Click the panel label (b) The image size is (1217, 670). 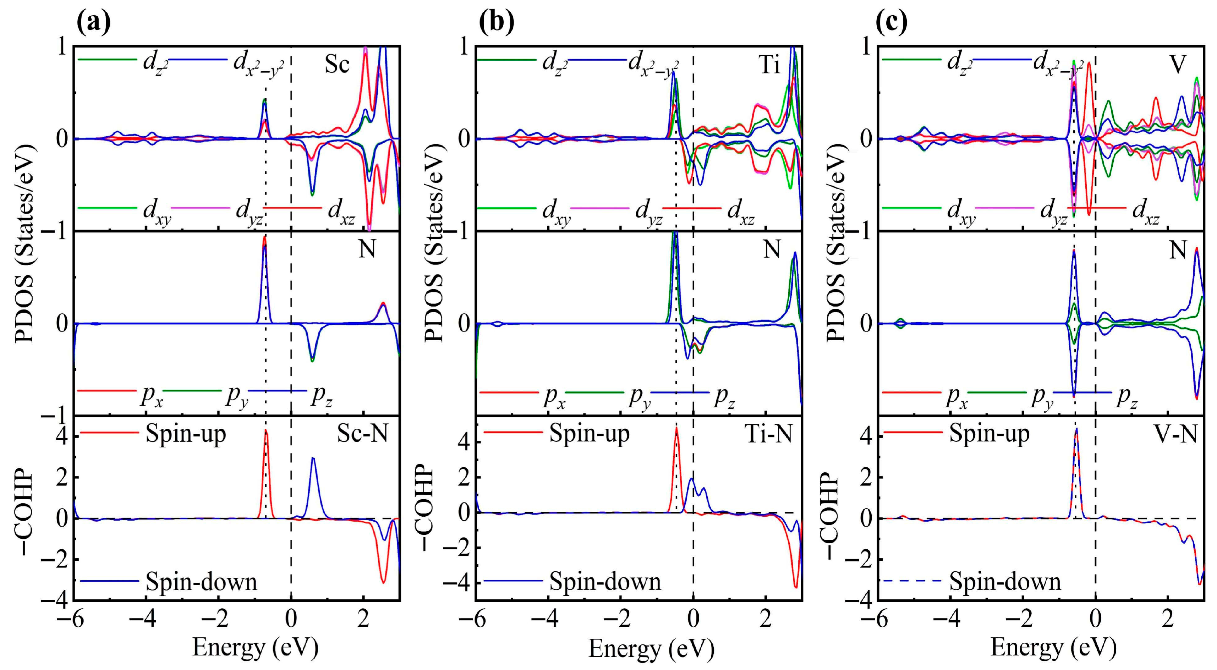(496, 22)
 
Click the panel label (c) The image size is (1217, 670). (892, 22)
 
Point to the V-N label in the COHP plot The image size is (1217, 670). (1175, 433)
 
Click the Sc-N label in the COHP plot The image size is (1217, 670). (362, 433)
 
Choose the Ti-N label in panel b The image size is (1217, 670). (769, 433)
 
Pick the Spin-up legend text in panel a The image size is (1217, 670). (186, 433)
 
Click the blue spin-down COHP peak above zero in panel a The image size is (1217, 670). (313, 459)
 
